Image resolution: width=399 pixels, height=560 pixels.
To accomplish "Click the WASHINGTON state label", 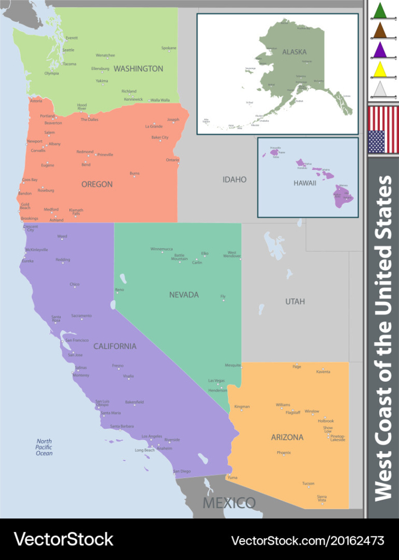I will tap(138, 69).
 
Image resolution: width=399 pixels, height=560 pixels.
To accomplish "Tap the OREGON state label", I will tap(97, 184).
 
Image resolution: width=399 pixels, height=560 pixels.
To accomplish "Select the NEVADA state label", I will tap(184, 295).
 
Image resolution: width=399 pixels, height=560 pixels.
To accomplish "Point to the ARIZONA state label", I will tap(287, 437).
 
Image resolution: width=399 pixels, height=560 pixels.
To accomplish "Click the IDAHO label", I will tap(234, 179).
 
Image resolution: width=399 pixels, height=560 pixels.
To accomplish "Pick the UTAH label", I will tap(295, 301).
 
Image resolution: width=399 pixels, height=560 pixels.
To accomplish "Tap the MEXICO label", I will tap(229, 503).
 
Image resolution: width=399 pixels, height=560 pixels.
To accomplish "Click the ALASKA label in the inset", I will tap(294, 52).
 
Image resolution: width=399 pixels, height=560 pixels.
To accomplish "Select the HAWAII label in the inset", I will tap(304, 183).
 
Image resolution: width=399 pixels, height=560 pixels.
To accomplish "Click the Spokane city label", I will tap(169, 48).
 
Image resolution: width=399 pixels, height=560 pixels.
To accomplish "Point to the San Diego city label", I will tap(182, 471).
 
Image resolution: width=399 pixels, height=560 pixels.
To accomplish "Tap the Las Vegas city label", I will tap(216, 381).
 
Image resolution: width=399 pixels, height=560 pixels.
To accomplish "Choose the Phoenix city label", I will tap(284, 453).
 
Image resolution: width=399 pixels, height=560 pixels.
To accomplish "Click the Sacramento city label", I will tap(81, 316).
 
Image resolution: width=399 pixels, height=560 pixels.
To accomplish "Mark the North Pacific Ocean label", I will tap(44, 447).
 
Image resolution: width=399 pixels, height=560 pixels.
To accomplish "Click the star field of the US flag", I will tap(376, 142).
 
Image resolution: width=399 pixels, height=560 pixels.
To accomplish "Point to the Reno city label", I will tap(119, 290).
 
